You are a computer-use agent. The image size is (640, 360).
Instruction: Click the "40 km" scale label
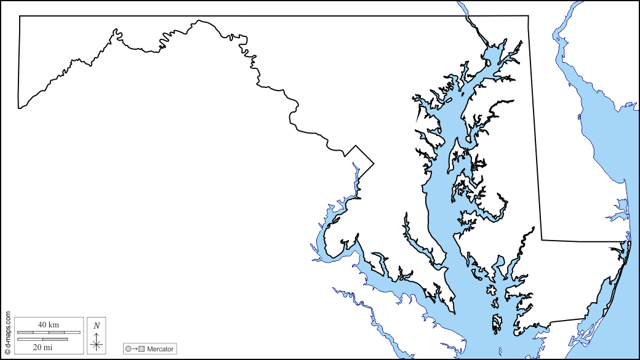(49, 324)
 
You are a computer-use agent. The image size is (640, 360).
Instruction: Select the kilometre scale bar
(49, 332)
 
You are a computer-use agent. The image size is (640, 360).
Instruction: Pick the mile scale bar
(42, 339)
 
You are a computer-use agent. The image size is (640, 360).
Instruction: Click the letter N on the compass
(97, 325)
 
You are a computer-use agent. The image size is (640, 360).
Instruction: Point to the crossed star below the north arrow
(97, 345)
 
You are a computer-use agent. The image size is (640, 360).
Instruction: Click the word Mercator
(160, 349)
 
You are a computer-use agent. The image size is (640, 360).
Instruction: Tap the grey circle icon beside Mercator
(129, 349)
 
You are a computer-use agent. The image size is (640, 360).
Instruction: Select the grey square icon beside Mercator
(142, 349)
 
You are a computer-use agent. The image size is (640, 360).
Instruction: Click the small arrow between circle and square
(135, 349)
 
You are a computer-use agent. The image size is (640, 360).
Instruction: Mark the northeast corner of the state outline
(528, 16)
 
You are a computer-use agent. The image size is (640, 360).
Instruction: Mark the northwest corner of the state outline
(20, 16)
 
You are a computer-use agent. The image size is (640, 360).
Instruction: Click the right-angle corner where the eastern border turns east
(542, 239)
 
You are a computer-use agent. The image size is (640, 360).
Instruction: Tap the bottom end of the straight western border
(18, 108)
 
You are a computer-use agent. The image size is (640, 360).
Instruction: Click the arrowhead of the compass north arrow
(97, 333)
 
